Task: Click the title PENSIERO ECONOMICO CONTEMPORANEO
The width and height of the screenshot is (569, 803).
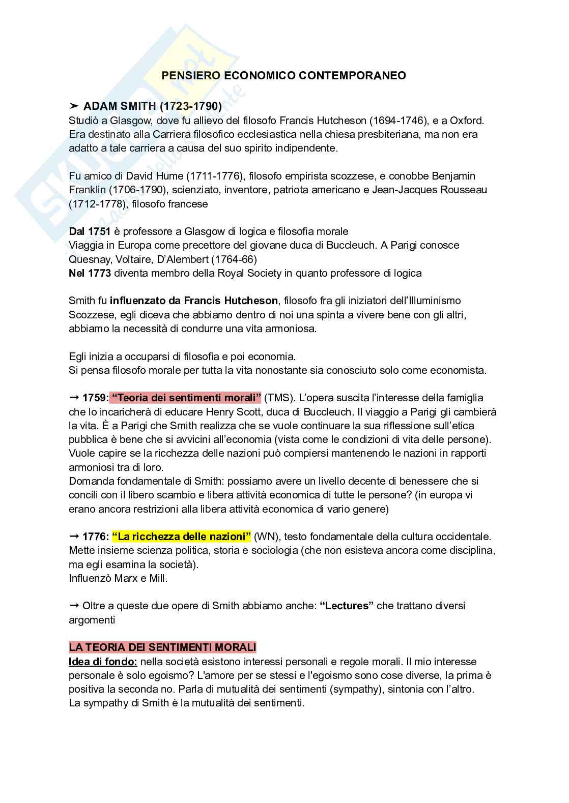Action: (283, 76)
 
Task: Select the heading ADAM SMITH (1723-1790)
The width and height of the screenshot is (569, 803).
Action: (152, 106)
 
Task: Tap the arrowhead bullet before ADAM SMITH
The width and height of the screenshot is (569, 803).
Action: (74, 106)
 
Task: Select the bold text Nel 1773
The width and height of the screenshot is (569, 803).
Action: (90, 273)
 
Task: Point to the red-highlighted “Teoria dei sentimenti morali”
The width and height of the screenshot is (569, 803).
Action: (186, 398)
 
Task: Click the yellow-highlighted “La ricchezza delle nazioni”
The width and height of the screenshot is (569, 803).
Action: (182, 537)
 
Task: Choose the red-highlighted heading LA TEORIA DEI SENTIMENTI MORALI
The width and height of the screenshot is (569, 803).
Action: (162, 647)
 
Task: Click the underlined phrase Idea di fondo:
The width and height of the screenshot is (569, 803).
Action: (103, 662)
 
